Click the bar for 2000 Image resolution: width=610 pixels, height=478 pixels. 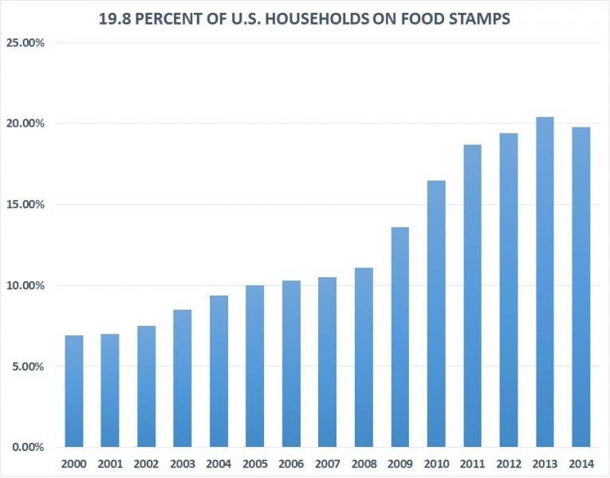[x=74, y=391]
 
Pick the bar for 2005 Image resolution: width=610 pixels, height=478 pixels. [x=255, y=366]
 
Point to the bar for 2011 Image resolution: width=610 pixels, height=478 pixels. [x=472, y=296]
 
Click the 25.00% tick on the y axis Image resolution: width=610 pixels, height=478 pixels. [x=26, y=42]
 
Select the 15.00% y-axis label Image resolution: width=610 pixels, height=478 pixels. [x=26, y=204]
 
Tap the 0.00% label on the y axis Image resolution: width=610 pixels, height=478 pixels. [x=28, y=447]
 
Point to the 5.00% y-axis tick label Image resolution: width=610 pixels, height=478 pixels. [x=28, y=366]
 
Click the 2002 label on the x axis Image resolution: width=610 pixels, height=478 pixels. [x=147, y=462]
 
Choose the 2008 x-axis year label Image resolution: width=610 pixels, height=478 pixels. [x=364, y=462]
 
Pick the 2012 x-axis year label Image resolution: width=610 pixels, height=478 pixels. [x=509, y=462]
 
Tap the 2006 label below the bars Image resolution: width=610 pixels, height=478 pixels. [x=291, y=462]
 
